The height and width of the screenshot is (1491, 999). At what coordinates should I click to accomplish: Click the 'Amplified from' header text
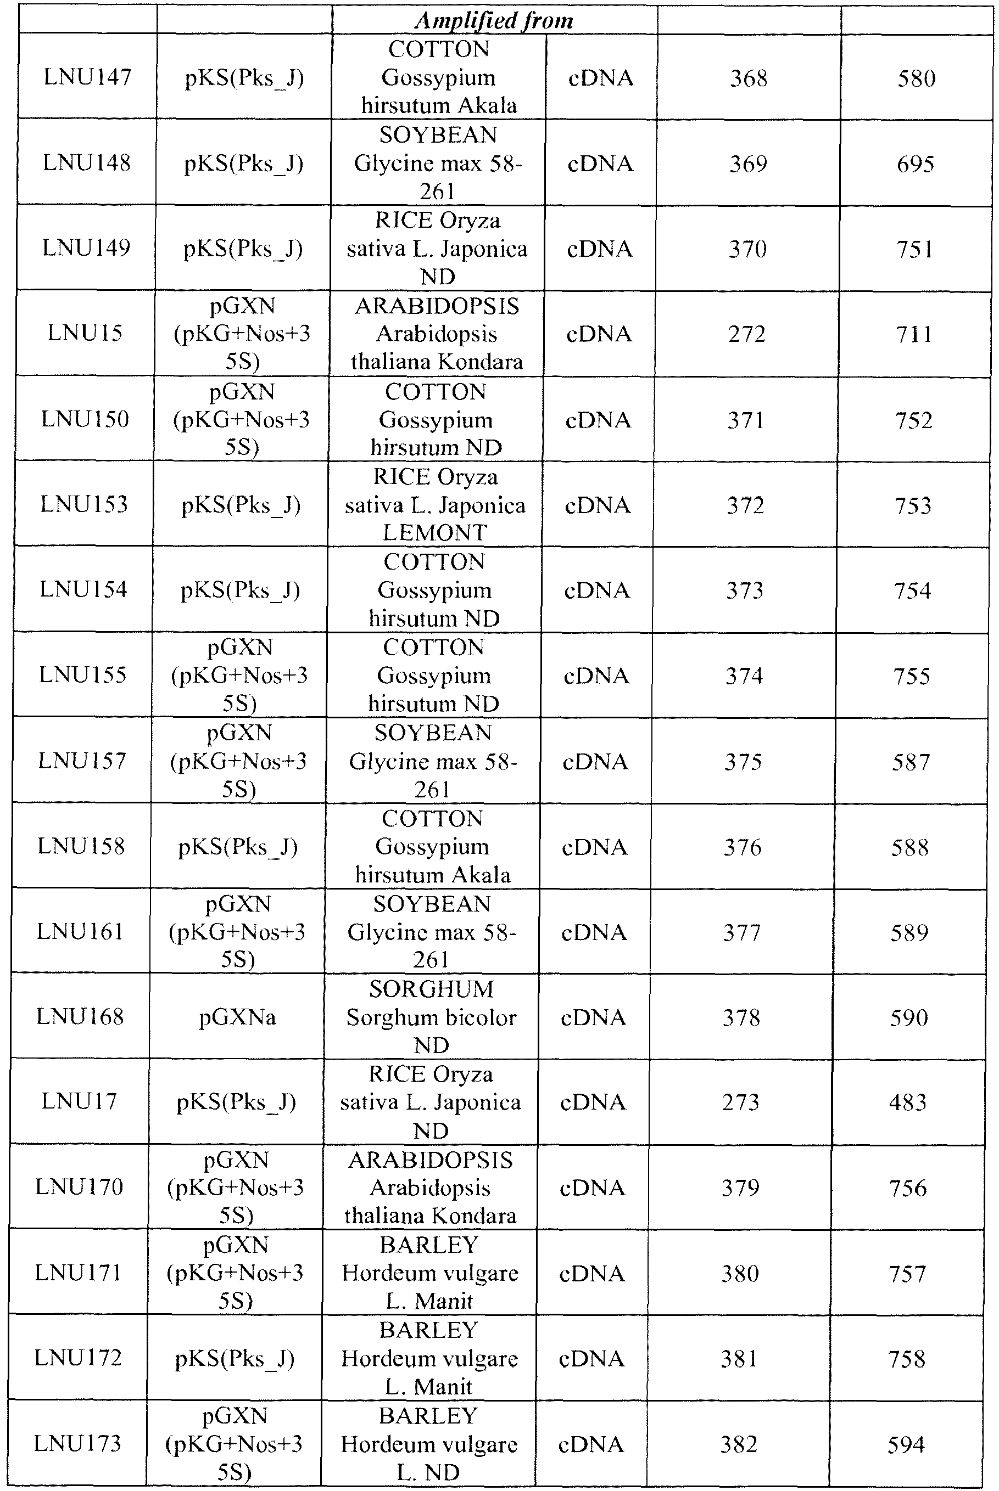click(x=494, y=20)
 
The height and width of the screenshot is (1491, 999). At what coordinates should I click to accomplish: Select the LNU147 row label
click(x=87, y=77)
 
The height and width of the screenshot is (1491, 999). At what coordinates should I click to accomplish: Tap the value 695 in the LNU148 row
click(x=916, y=164)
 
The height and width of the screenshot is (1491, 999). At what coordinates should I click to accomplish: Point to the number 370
click(x=748, y=249)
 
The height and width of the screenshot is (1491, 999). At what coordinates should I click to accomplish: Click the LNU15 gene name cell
click(x=85, y=333)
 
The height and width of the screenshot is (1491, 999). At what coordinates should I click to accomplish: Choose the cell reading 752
click(x=914, y=420)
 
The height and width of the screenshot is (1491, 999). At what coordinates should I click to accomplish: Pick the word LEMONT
click(x=435, y=532)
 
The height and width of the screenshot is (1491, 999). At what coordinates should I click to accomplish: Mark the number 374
click(x=744, y=676)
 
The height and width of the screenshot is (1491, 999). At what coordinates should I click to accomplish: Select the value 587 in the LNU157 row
click(x=911, y=762)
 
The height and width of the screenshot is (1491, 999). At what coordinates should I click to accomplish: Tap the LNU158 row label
click(x=81, y=846)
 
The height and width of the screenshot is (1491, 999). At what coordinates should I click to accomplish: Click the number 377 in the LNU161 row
click(x=742, y=933)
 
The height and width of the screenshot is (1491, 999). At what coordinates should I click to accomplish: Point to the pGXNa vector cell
click(x=238, y=1017)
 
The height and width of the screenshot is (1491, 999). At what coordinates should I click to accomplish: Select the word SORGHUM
click(x=431, y=989)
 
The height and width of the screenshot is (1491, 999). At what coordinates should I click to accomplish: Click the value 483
click(x=908, y=1102)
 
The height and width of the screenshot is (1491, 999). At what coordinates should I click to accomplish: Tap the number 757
click(x=908, y=1273)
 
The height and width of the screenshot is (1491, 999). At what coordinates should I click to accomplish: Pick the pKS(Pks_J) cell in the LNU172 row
click(x=235, y=1359)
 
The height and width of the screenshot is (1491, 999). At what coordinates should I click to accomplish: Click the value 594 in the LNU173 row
click(x=906, y=1444)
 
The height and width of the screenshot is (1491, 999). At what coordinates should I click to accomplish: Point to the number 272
click(x=747, y=334)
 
